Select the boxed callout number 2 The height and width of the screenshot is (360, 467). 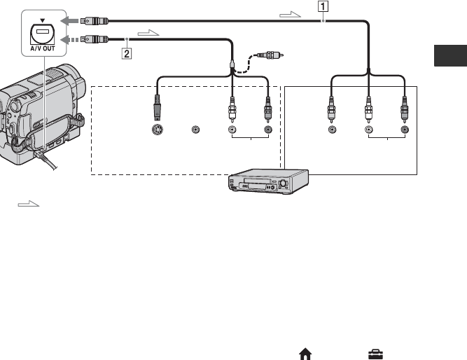[x=126, y=51]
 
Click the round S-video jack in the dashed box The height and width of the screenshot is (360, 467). [x=158, y=130]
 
